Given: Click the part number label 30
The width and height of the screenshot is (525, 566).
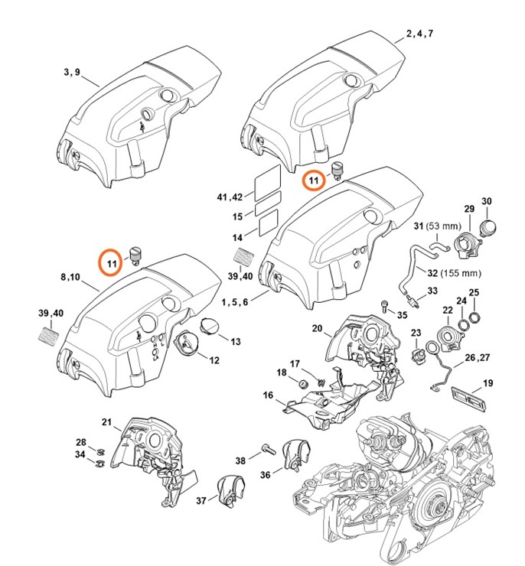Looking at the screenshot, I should point(487,202).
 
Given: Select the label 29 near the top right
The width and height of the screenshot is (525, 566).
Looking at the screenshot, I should point(469,209).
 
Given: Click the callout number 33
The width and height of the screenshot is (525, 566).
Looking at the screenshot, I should point(432,291).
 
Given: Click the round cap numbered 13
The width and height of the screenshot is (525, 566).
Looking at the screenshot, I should point(209,327).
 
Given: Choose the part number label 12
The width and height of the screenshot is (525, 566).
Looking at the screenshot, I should point(216,359).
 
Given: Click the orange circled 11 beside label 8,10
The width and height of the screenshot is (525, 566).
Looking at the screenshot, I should point(112,262).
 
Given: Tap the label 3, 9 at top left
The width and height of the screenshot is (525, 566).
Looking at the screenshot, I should point(71,72).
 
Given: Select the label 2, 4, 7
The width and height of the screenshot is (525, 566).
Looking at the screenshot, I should point(419,34).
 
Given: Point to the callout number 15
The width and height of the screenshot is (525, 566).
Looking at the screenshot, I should point(237,216).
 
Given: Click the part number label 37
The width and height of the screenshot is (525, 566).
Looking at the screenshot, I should point(201,500).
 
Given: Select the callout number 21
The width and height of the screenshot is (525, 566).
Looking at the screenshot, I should point(107,422).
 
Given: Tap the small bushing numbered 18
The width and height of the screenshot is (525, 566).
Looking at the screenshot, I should point(302,382).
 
